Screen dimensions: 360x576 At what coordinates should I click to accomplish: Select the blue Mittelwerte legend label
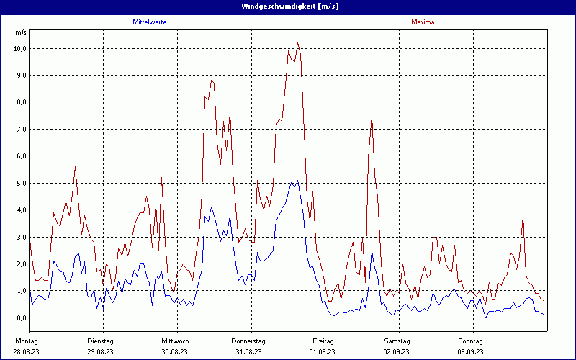click(150, 22)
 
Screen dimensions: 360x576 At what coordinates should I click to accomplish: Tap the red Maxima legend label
click(423, 22)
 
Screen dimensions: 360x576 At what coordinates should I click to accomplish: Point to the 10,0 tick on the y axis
click(19, 48)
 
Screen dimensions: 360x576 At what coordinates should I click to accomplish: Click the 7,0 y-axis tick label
click(19, 129)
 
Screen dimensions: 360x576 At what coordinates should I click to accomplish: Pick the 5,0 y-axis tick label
click(19, 183)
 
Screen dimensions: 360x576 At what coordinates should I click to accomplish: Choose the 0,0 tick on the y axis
click(19, 318)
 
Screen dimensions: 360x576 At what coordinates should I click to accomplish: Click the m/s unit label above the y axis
click(20, 32)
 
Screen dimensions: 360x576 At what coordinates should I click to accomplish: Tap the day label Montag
click(27, 341)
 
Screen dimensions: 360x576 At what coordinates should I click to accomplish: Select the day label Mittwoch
click(175, 341)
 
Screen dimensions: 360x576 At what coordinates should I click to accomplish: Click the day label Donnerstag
click(249, 341)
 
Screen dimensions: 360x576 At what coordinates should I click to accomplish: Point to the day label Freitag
click(323, 341)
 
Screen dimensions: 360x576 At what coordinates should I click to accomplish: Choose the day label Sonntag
click(471, 341)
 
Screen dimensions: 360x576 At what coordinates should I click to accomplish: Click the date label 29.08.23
click(101, 351)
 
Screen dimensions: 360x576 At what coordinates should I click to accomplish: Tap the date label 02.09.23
click(397, 351)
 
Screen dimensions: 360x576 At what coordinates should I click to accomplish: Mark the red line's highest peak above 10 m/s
click(297, 43)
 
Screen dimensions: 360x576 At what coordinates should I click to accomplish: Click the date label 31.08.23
click(249, 351)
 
